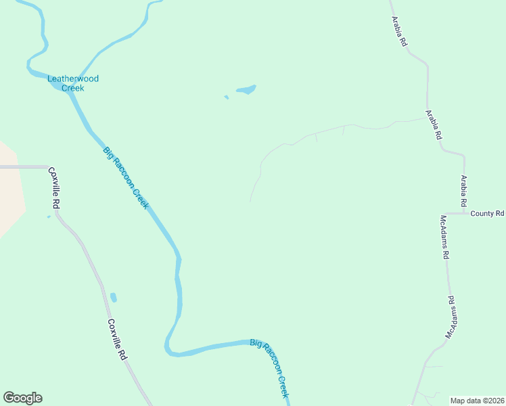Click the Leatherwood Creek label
point(73,83)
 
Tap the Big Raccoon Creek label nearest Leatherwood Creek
point(126,177)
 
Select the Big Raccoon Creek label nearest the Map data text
point(270,368)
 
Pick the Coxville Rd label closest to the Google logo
point(117,339)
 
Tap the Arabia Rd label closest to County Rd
point(464,191)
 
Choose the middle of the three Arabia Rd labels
point(434,125)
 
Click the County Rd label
point(488,213)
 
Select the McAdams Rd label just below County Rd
point(444,238)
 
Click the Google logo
point(22,398)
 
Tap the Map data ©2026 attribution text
point(477,401)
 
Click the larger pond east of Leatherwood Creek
point(246,89)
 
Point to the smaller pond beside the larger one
point(227,97)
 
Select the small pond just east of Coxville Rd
point(114,297)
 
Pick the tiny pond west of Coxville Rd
point(49,217)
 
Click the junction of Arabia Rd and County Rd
point(465,213)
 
